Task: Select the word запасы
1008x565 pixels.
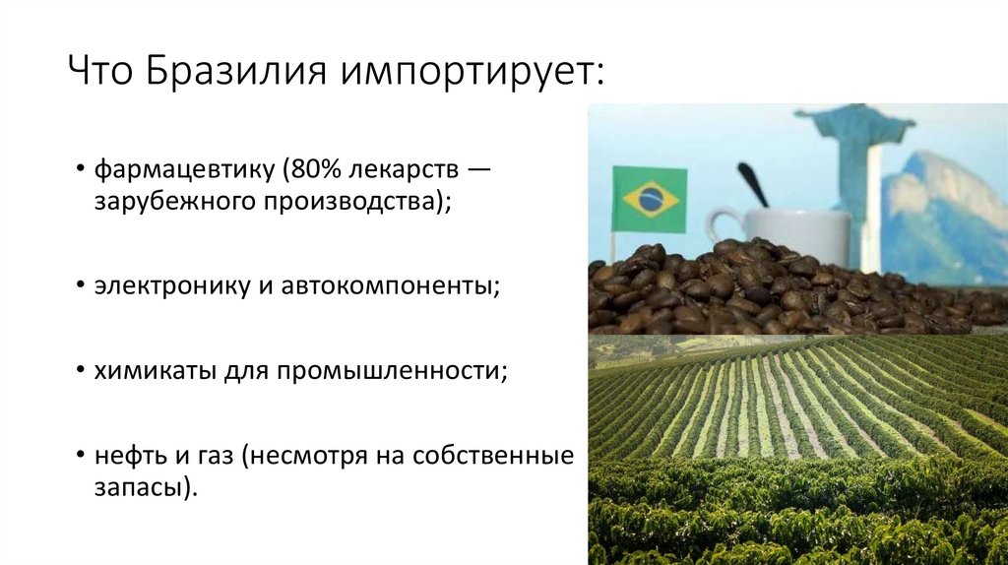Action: (137, 487)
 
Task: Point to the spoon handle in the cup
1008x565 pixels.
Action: (752, 183)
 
